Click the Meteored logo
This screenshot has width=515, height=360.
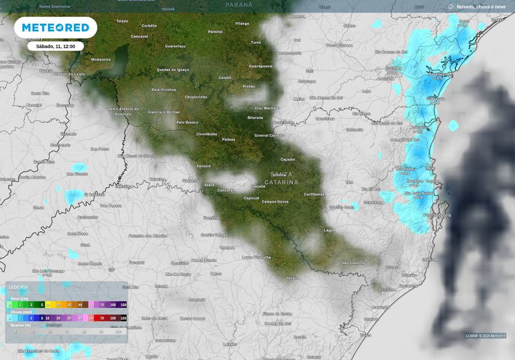pos(55,28)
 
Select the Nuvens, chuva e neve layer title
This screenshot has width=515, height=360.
pos(481,7)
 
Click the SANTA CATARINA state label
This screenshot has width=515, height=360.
pos(281,178)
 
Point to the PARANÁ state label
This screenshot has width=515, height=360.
pos(239,5)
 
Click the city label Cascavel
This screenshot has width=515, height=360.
pos(139,36)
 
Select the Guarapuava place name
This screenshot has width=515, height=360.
pos(261,66)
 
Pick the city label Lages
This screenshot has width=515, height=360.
pos(329,230)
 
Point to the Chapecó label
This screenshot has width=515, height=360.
pos(190,180)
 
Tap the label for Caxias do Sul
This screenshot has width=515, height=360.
pos(278,323)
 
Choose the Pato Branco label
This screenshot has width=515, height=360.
pos(187,122)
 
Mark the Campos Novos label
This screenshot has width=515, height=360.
pos(276,202)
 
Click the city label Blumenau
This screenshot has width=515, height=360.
pos(407,169)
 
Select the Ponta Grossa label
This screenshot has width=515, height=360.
pos(339,45)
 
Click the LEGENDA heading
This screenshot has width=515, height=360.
pos(19,287)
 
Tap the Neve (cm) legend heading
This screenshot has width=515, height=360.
pos(19,298)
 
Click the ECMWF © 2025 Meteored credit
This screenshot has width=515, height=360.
pos(485,335)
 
